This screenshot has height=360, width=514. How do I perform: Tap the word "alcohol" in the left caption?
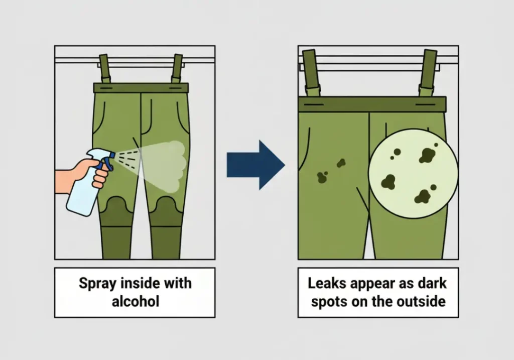point(136,301)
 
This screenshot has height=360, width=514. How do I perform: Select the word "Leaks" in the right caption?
point(326,283)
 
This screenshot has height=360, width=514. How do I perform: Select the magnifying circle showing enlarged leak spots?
point(413,173)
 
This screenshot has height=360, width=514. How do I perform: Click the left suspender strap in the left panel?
point(104,68)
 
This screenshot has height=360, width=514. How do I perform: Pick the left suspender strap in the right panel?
point(311,73)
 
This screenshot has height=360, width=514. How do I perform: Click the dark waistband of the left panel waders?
point(141,88)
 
